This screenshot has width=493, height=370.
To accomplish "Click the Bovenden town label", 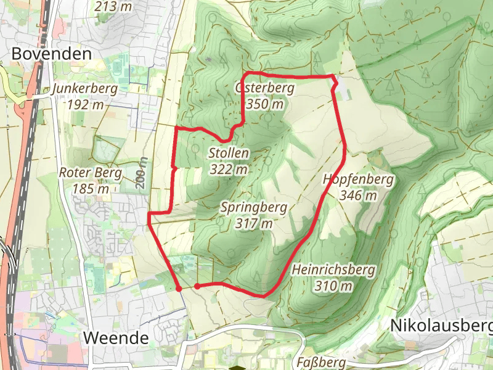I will tap(52, 54).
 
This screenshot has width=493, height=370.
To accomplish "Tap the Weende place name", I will tap(116, 337).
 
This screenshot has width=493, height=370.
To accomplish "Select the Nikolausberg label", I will tap(441, 325).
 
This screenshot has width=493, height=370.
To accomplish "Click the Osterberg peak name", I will tap(264, 88).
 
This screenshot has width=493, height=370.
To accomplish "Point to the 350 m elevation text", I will tap(265, 104).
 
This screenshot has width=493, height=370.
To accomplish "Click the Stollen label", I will tap(229, 153).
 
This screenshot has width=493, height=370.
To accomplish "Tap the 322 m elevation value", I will tap(229, 169).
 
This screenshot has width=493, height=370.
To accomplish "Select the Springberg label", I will tap(253, 207).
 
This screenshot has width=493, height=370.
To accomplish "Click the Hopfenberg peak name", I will tap(357, 179).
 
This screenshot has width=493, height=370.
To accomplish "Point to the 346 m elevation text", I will tap(357, 195).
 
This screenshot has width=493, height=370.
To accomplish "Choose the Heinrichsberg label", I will tap(333, 270).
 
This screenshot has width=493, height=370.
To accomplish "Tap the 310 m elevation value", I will tap(333, 286).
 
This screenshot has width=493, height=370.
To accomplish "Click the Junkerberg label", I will tap(85, 88).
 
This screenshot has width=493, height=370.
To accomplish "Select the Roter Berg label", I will tap(91, 173).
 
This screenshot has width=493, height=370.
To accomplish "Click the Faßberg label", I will tap(323, 362).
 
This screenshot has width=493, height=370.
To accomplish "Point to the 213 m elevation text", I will tap(114, 7).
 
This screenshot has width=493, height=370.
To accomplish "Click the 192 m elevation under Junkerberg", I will tap(86, 104).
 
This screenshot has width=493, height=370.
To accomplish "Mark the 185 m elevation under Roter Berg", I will tap(91, 189).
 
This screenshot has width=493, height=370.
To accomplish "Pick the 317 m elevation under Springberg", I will tap(253, 223).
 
